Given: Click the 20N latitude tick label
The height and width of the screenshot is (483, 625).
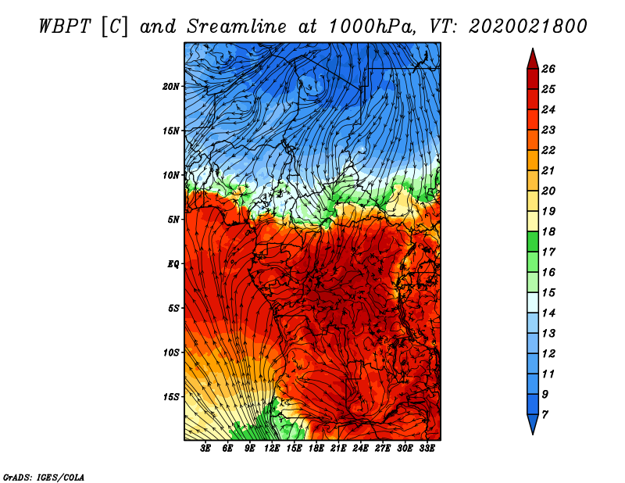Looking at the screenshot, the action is tap(170, 86).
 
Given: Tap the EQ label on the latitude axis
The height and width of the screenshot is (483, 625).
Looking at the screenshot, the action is tap(173, 264).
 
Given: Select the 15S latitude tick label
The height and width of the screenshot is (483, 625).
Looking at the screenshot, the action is tap(170, 397).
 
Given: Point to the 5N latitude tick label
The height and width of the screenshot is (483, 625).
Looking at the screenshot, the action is tap(173, 220).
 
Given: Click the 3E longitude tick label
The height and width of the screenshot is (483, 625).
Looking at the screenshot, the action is tap(205, 449).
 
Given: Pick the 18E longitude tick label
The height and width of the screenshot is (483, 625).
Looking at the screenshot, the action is tap(316, 449).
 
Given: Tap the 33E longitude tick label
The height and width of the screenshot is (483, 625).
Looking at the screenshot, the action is tap(427, 449).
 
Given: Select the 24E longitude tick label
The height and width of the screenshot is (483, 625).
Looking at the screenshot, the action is tap(360, 449).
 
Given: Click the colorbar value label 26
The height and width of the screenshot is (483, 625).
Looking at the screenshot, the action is tap(548, 69).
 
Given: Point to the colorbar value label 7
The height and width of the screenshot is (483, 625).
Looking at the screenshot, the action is tap(545, 415).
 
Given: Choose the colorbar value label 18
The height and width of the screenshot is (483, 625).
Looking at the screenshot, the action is tap(548, 231).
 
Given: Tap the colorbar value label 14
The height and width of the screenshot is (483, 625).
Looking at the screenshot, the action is tap(548, 313).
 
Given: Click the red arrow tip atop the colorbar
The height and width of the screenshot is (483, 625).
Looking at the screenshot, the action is tap(533, 49).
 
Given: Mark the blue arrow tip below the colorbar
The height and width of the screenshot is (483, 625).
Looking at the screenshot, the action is tap(533, 433).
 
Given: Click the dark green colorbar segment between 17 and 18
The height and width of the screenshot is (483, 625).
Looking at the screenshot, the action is tap(533, 241).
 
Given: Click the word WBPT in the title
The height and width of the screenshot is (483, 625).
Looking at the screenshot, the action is tap(66, 27).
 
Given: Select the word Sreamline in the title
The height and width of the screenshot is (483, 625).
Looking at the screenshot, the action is tap(237, 27).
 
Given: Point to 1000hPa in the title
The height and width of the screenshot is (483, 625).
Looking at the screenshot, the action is tap(371, 27).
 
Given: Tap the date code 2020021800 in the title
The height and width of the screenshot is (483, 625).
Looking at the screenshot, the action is tap(527, 27).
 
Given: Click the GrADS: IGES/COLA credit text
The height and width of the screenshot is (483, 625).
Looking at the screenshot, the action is tap(44, 477).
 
